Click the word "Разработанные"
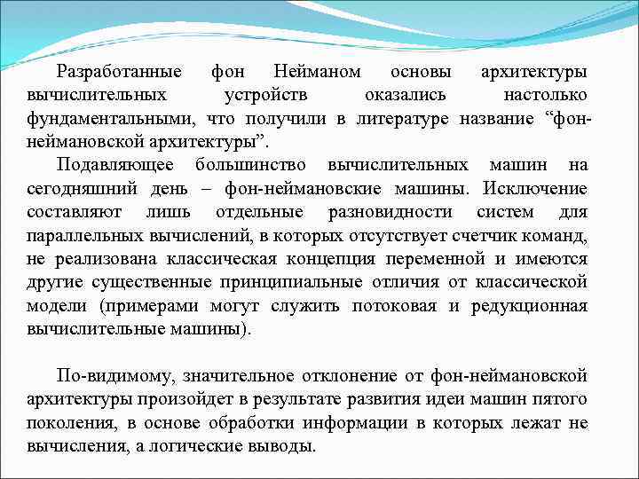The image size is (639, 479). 119,70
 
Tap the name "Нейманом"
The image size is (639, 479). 313,70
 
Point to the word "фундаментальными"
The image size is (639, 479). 110,118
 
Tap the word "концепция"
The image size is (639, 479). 336,259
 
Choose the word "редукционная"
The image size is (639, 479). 528,306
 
